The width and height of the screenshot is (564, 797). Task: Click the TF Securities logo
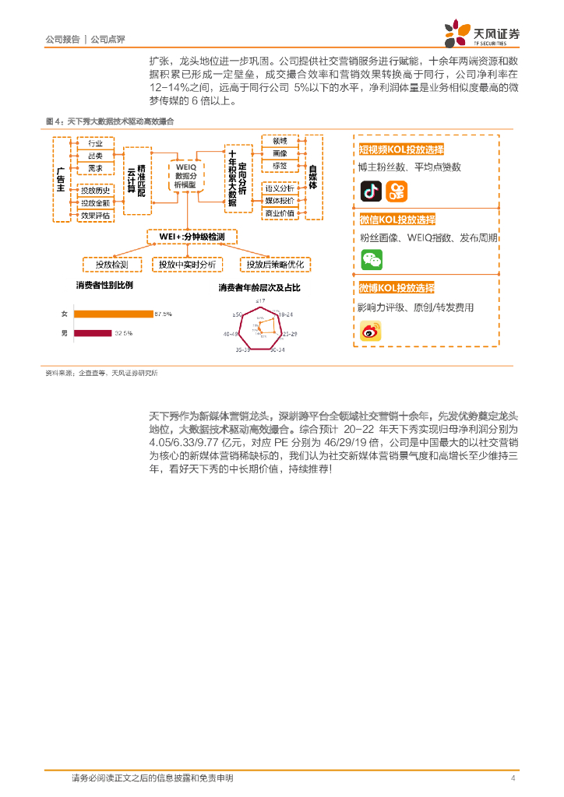tap(481, 33)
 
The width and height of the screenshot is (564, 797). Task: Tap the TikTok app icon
tap(371, 191)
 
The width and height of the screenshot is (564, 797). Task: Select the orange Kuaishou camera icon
tap(397, 191)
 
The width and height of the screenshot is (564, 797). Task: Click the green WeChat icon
tap(372, 260)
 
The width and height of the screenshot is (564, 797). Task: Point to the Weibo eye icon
tap(371, 331)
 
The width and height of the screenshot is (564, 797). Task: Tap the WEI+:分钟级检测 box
tap(192, 237)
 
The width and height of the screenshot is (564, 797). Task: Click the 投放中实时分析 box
tap(187, 265)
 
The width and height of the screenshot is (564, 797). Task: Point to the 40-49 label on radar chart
tap(231, 334)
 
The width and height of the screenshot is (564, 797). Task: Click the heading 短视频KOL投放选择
tap(401, 149)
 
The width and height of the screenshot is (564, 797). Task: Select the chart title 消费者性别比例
tap(104, 285)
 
